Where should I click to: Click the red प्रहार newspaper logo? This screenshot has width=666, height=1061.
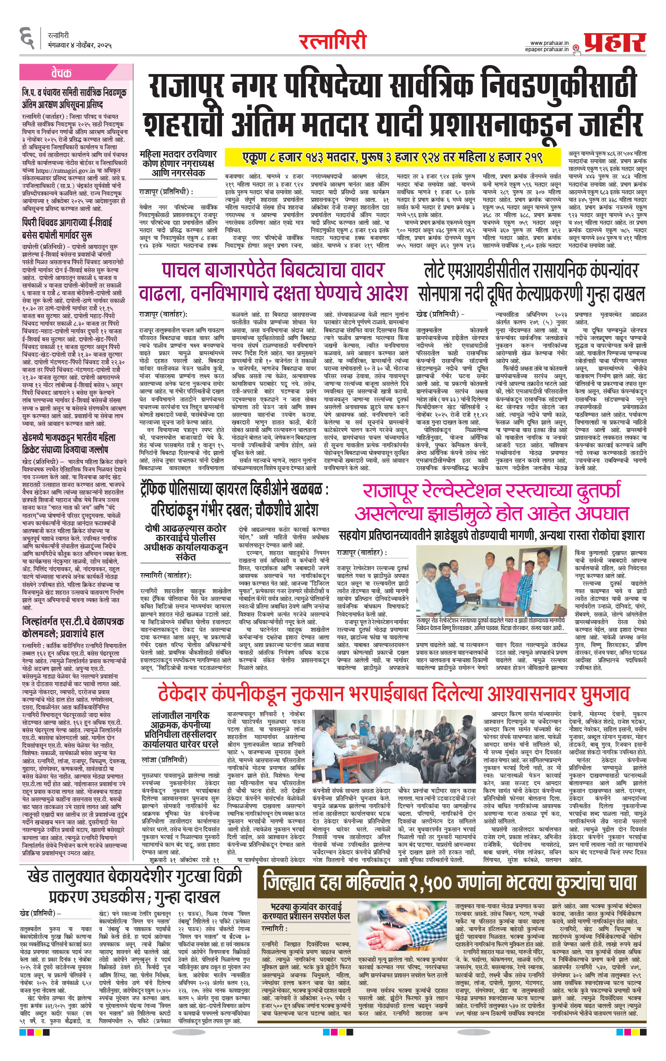coord(614,43)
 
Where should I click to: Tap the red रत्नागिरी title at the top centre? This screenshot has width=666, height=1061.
coord(333,42)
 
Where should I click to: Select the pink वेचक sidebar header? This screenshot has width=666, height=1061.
coord(61,73)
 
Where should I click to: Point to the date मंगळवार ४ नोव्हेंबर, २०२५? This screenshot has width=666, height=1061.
coord(80,45)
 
